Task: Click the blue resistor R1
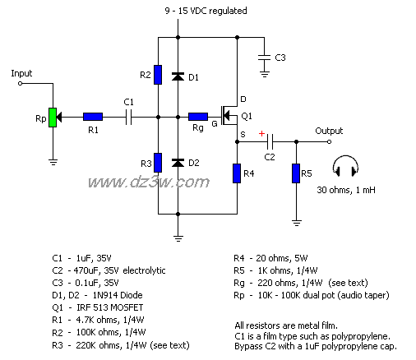pyautogui.click(x=92, y=117)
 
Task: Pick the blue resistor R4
pyautogui.click(x=237, y=173)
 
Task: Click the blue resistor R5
pyautogui.click(x=295, y=173)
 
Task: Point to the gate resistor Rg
pyautogui.click(x=198, y=117)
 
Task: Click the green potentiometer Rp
pyautogui.click(x=52, y=117)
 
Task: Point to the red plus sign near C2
pyautogui.click(x=262, y=132)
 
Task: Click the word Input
pyautogui.click(x=22, y=73)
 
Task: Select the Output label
pyautogui.click(x=329, y=131)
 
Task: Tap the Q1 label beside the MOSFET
pyautogui.click(x=247, y=115)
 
